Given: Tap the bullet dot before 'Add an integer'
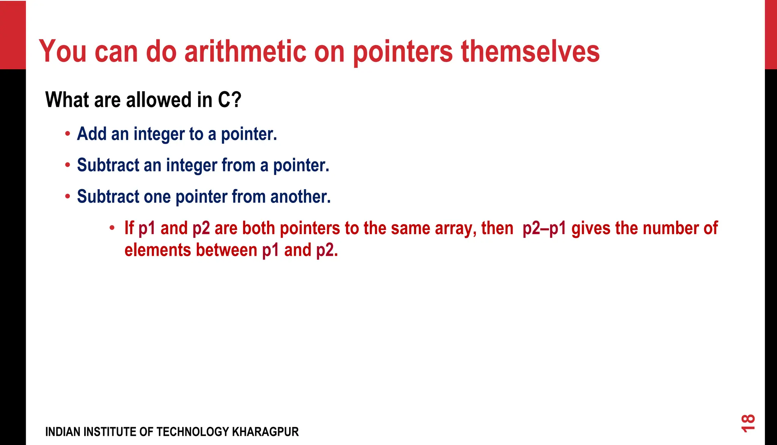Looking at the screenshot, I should pyautogui.click(x=68, y=134).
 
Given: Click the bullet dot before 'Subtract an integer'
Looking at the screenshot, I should pyautogui.click(x=68, y=165).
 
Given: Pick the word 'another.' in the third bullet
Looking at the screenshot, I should pyautogui.click(x=300, y=197).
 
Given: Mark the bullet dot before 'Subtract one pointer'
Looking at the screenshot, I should pyautogui.click(x=68, y=197).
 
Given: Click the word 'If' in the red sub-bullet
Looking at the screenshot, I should pyautogui.click(x=129, y=228).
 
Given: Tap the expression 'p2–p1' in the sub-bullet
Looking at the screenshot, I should pyautogui.click(x=544, y=228).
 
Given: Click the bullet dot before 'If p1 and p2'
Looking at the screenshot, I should pyautogui.click(x=112, y=228).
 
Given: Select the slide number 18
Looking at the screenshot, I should pyautogui.click(x=748, y=423).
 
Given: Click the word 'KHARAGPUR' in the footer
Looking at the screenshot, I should pyautogui.click(x=265, y=432).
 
